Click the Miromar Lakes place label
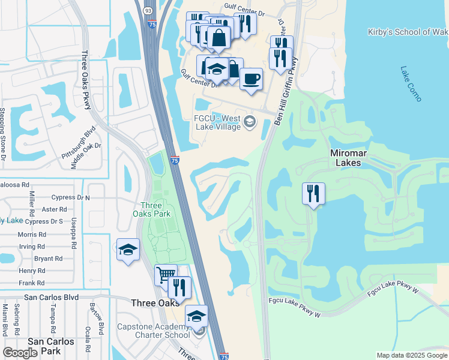(357, 158)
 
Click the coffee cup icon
(251, 79)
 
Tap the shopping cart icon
(166, 276)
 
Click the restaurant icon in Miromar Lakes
(313, 194)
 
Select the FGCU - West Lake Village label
(217, 122)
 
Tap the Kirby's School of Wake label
(408, 32)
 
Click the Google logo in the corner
(20, 353)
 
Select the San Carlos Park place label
(51, 346)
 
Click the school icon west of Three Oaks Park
(128, 250)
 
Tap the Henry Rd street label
(32, 271)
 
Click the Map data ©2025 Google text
(411, 355)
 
